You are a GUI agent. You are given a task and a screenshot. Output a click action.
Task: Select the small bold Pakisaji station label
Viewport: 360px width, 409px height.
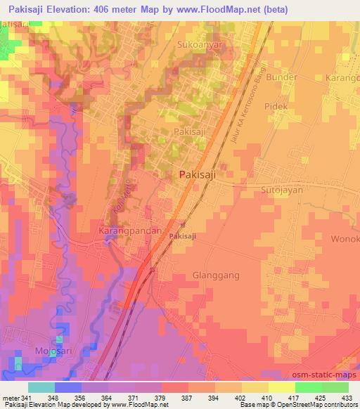click(183, 237)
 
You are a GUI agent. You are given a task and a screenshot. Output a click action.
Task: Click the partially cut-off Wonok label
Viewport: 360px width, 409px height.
click(344, 239)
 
